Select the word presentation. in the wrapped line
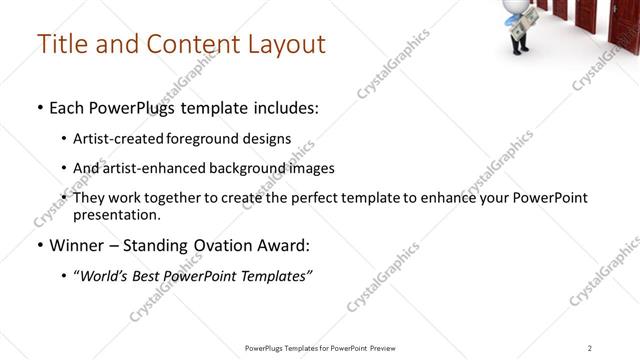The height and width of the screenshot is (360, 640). (x=117, y=214)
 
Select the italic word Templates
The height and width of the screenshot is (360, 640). (x=274, y=277)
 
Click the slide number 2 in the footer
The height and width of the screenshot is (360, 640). (x=589, y=348)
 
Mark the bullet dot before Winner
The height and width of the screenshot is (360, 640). (x=40, y=245)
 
